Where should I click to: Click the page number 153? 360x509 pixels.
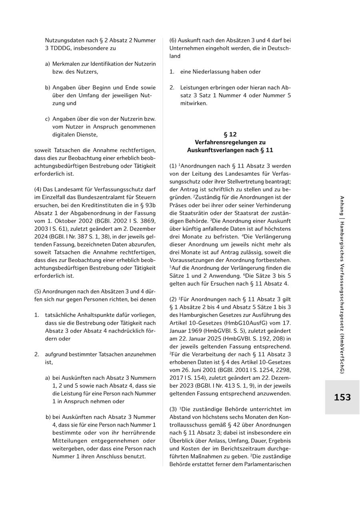tap(342, 397)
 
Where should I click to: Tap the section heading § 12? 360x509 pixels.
tap(230, 134)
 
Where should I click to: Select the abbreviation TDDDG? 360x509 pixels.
tap(61, 48)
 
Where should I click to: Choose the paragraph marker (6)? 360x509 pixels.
tap(173, 40)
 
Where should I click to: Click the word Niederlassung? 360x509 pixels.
tap(217, 72)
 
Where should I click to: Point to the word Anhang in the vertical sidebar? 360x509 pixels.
tap(342, 206)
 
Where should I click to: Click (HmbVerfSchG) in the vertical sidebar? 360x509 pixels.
tap(342, 355)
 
